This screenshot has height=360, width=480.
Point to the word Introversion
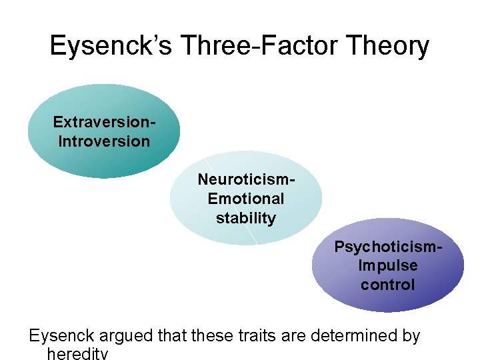[105, 141]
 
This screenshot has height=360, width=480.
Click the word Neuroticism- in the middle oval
[246, 179]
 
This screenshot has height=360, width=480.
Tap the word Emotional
[246, 199]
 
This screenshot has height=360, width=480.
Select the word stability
[246, 218]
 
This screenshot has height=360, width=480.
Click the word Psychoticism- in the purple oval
[388, 247]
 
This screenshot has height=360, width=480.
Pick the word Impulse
[388, 265]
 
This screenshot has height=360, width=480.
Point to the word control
[388, 285]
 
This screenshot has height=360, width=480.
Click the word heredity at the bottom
[77, 353]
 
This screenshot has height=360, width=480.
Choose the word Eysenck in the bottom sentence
[59, 335]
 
